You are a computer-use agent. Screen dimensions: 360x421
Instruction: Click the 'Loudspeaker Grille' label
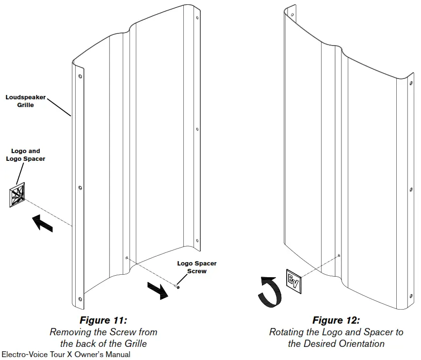(x=25, y=101)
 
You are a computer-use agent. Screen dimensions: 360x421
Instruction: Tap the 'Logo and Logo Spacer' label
(x=25, y=155)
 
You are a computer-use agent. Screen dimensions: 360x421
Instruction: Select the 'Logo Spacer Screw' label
(x=196, y=267)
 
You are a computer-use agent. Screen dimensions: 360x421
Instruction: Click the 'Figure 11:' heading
(x=103, y=320)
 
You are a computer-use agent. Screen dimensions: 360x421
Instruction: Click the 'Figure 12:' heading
(x=336, y=320)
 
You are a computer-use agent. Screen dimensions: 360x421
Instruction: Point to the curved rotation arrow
(x=269, y=291)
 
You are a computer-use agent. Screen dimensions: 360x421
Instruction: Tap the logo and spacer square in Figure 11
(x=17, y=195)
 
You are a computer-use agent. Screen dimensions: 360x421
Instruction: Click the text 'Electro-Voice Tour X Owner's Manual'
(x=66, y=355)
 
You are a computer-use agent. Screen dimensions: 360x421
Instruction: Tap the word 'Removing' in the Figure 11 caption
(x=69, y=332)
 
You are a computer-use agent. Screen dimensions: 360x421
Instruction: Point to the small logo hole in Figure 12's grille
(x=339, y=255)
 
